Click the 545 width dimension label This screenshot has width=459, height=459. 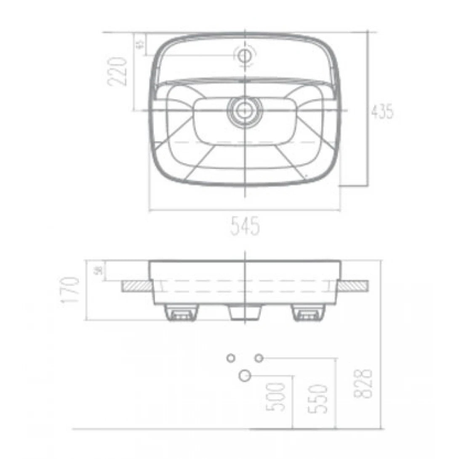[x=245, y=228]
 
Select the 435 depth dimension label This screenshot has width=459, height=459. [x=383, y=112]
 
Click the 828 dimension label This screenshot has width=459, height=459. [x=364, y=384]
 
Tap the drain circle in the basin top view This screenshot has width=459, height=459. [x=245, y=110]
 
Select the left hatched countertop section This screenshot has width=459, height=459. [x=135, y=286]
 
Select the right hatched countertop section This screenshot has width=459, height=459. [x=353, y=286]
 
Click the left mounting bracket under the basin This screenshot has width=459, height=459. [x=181, y=312]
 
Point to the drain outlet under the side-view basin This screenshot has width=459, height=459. [x=245, y=312]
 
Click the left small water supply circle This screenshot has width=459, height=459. [x=230, y=358]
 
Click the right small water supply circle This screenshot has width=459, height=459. [x=259, y=358]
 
